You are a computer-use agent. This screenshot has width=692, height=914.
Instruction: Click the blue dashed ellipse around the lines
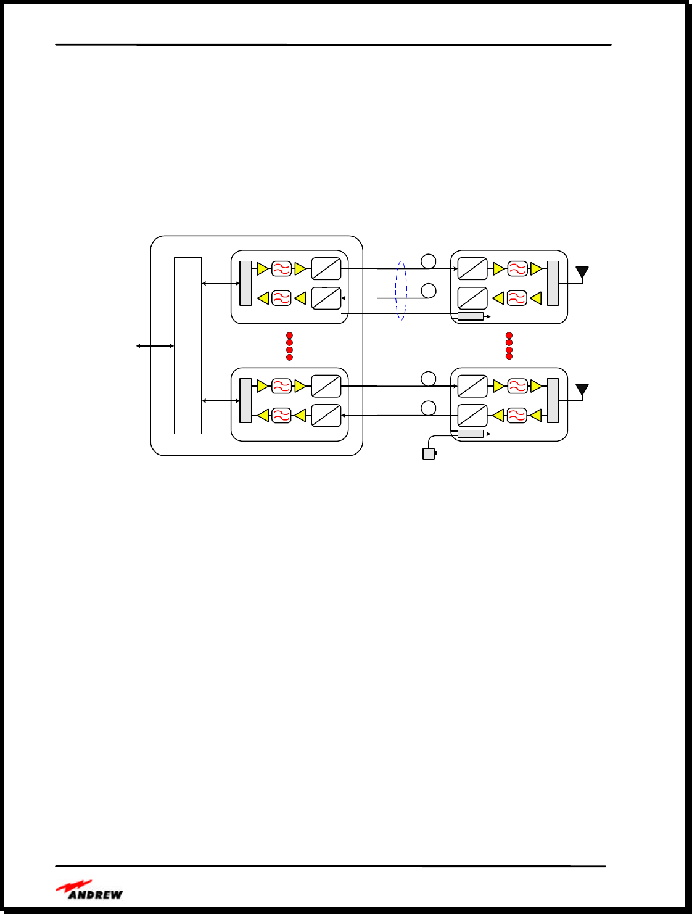(402, 290)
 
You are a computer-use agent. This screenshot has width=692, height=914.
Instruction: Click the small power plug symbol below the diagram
(429, 455)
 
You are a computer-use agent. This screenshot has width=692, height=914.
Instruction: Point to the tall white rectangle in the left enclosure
(187, 345)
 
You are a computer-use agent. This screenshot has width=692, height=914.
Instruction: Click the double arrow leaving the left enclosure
(155, 346)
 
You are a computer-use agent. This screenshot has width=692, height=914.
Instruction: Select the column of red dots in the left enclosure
(289, 346)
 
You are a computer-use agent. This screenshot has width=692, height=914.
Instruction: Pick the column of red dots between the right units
(509, 346)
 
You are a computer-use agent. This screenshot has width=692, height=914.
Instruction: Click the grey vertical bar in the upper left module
(245, 283)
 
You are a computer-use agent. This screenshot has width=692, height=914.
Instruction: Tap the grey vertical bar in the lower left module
(245, 400)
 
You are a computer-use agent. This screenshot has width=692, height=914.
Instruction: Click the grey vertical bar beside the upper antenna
(553, 283)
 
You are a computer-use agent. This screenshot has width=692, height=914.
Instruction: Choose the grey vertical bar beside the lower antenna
(553, 400)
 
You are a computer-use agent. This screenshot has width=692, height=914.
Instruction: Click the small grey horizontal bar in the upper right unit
(471, 316)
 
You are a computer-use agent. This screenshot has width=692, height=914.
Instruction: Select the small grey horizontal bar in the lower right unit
(471, 434)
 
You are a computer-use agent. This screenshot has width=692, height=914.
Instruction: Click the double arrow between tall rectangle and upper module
(221, 284)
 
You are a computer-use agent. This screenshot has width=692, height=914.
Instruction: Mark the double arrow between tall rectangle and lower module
(221, 401)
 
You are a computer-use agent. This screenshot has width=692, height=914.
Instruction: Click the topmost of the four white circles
(429, 261)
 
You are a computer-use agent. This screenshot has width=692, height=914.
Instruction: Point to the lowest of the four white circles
(429, 408)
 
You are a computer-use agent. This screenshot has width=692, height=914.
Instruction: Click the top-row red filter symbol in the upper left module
(281, 269)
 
